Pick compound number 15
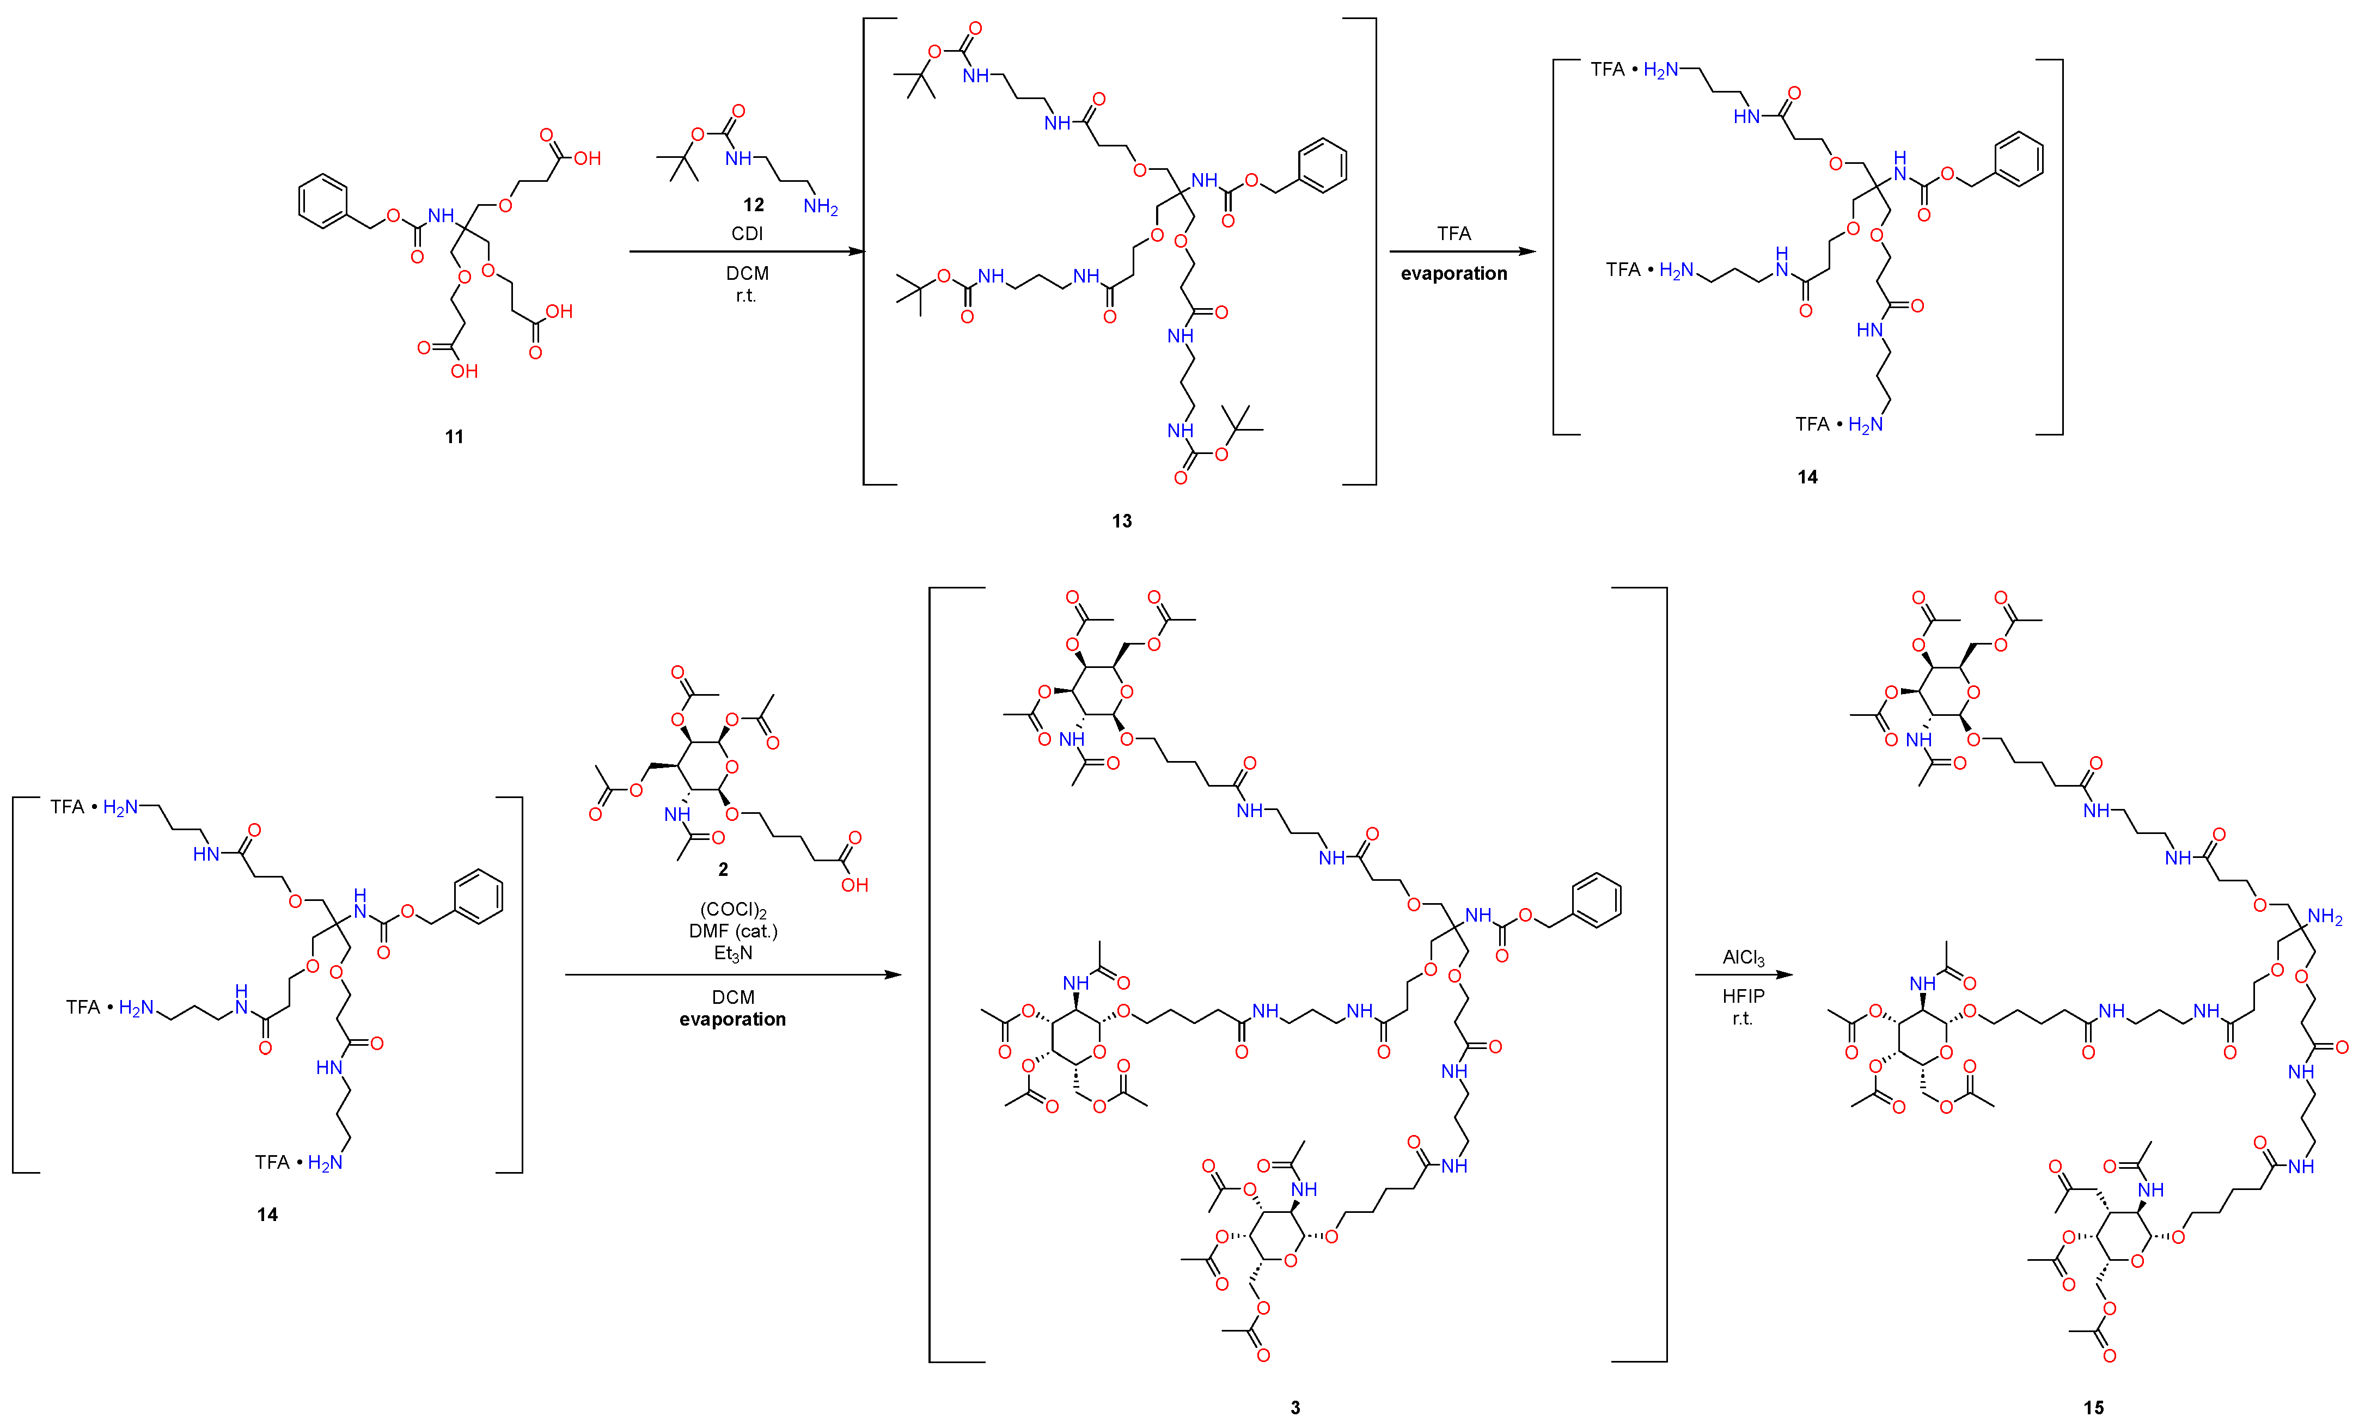pos(2094,1407)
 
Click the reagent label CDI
pos(747,234)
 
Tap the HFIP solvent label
pos(1743,996)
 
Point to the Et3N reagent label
pos(734,953)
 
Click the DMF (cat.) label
pos(734,931)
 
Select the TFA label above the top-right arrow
pos(1453,234)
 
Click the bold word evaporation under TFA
pos(1453,274)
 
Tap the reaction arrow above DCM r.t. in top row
pos(747,252)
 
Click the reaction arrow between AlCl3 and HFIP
pos(1743,975)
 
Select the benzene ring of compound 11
pos(322,201)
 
